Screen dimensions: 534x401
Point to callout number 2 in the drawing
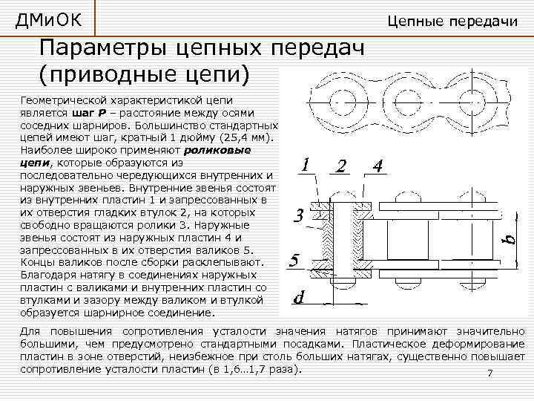(x=341, y=166)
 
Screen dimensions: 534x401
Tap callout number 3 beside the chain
(x=297, y=216)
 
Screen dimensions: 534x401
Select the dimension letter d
(x=299, y=298)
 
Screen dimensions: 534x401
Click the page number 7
(x=489, y=374)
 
